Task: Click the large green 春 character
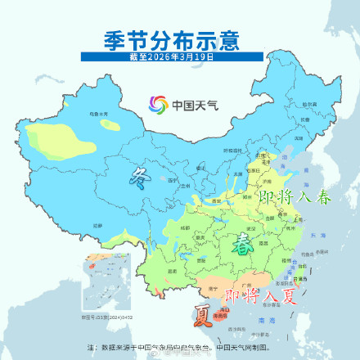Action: click(x=243, y=243)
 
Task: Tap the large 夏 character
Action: click(x=199, y=314)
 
